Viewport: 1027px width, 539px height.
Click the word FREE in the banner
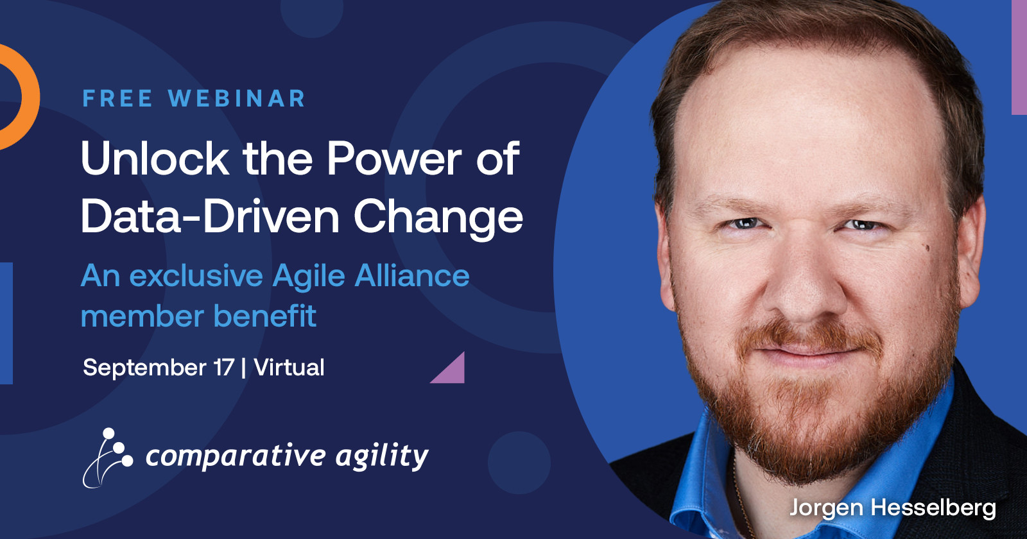click(x=117, y=99)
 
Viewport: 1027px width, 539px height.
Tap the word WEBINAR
click(x=237, y=99)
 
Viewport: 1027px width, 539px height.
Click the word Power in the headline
click(x=394, y=158)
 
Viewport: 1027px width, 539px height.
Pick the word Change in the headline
click(x=438, y=219)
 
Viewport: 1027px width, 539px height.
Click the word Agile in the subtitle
click(x=308, y=277)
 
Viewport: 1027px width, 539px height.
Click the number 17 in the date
click(x=224, y=368)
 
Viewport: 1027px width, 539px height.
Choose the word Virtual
click(x=289, y=368)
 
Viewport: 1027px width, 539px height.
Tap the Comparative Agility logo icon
click(x=108, y=458)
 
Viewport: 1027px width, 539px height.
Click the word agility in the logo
click(x=382, y=457)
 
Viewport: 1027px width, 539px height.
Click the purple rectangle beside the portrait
click(x=1019, y=57)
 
